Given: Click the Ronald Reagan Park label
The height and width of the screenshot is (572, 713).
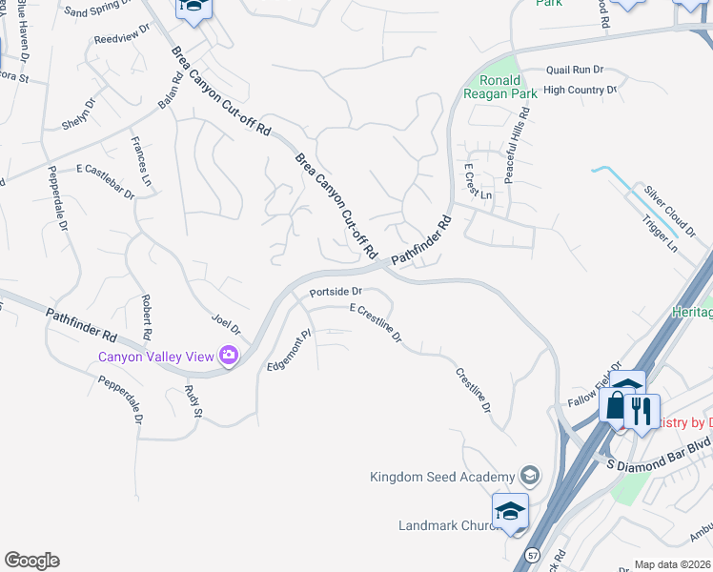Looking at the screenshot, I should tap(500, 86).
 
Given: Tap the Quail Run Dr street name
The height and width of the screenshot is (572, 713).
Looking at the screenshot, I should tap(575, 70).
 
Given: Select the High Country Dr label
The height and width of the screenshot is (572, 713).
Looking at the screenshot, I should tap(580, 90).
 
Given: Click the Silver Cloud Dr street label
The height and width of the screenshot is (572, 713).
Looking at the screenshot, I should tap(671, 204).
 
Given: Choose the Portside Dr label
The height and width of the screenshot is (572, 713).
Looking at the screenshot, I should tap(336, 291).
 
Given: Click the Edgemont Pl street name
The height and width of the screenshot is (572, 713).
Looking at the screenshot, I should tap(290, 352).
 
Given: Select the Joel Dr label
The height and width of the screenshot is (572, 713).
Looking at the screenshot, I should tap(227, 324).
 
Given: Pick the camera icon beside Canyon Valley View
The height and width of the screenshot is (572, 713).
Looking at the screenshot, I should tap(229, 357).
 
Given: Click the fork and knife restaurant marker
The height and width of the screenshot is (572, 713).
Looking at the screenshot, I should tap(642, 411).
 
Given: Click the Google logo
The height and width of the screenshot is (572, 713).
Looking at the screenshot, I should tap(31, 560).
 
